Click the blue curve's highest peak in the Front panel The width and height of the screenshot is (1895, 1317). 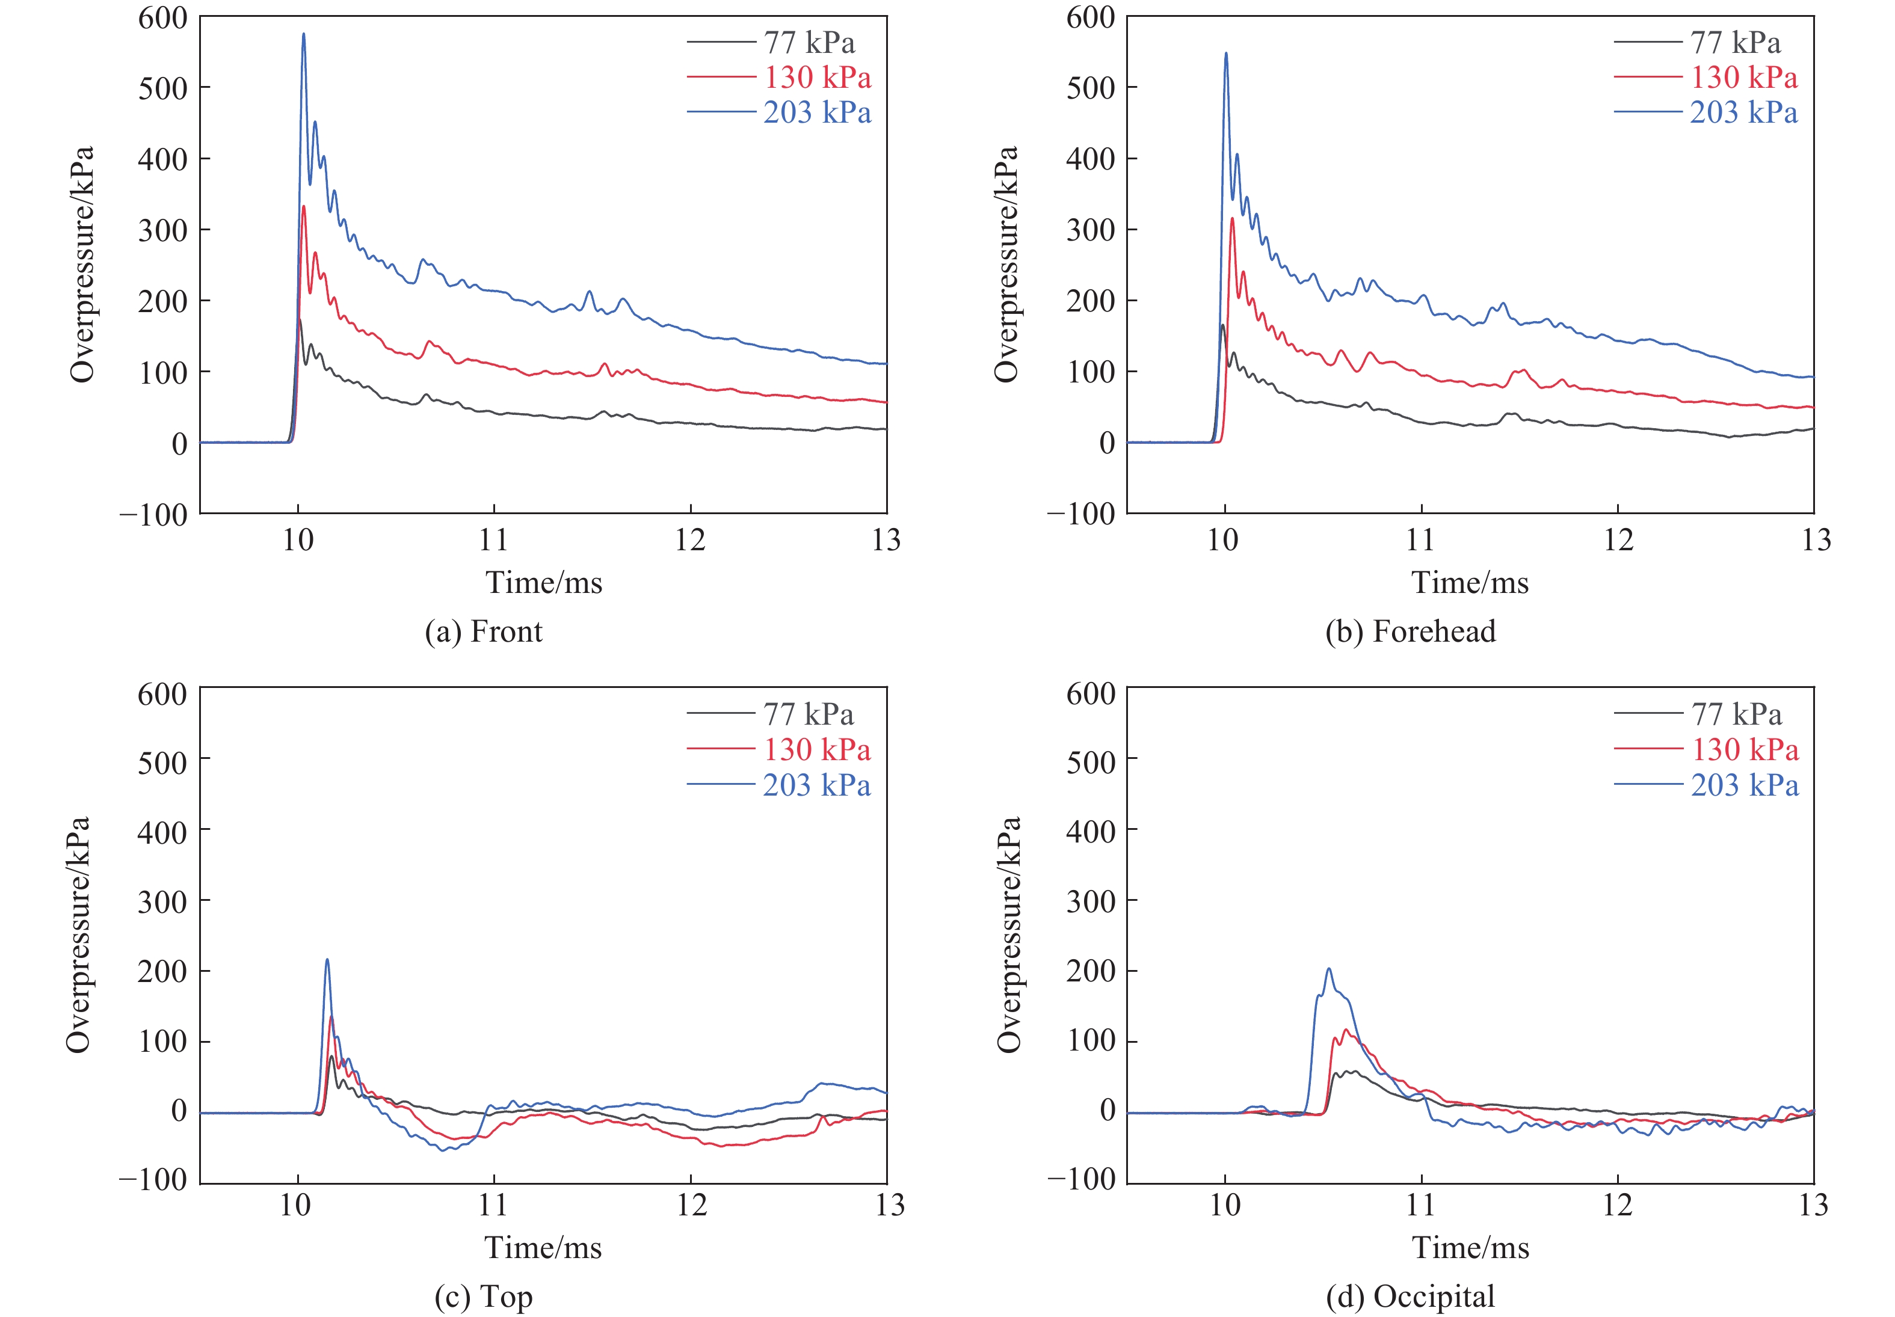point(304,35)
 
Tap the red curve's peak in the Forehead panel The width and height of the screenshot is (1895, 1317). point(1232,219)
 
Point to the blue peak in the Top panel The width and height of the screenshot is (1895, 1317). point(327,960)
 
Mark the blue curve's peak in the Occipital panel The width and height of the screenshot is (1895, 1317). point(1329,969)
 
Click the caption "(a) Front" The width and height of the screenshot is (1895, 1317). point(484,631)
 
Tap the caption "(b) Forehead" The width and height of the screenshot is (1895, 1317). point(1411,631)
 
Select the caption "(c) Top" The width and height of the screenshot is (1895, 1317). point(484,1297)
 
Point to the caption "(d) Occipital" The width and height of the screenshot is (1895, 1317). point(1411,1297)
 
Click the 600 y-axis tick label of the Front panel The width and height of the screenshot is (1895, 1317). point(162,17)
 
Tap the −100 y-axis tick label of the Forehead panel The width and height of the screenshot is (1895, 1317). point(1081,514)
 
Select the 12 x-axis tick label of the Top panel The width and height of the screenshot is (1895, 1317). point(692,1205)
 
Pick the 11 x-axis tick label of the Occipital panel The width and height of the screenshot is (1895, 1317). point(1420,1205)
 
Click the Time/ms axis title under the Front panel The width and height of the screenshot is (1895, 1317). point(544,583)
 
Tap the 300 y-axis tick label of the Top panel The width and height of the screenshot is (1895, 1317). point(162,901)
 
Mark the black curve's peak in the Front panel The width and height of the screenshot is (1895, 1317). point(300,319)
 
